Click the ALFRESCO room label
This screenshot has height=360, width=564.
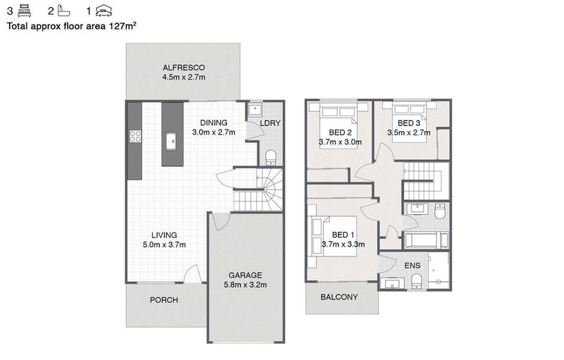184,68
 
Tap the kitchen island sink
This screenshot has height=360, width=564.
171,141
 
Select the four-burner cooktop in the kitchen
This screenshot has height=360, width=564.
135,137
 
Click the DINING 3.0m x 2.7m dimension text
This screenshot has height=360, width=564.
214,132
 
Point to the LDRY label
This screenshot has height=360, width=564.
270,123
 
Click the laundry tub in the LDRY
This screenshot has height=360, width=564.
256,108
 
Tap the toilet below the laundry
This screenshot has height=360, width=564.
271,157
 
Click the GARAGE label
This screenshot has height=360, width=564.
245,275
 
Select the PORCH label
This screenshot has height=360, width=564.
164,300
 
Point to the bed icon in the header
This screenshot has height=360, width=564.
24,11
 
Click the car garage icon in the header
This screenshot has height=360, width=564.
104,11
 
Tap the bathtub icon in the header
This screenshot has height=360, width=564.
63,11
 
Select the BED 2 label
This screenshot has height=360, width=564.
341,132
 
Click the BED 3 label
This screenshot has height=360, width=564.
409,123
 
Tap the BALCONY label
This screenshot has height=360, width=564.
339,297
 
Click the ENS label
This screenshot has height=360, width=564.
412,266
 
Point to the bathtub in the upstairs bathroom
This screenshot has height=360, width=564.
427,240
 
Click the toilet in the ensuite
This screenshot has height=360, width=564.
417,281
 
